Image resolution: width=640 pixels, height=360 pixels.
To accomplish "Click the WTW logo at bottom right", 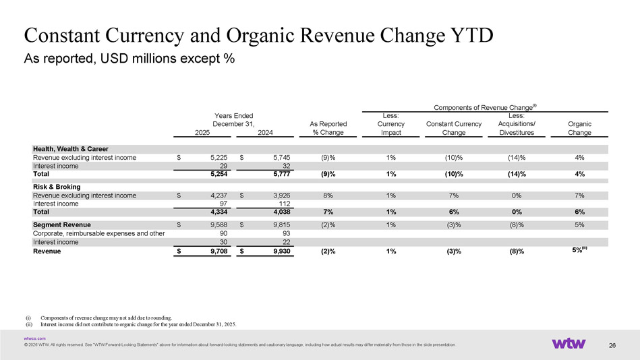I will point(569,343).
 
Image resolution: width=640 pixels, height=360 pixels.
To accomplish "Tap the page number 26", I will point(612,346).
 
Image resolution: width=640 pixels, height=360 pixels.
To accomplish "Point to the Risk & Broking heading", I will point(57,187).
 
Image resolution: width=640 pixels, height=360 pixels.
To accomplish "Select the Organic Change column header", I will point(580,128).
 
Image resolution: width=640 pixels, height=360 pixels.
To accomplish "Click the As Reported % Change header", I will point(328,128).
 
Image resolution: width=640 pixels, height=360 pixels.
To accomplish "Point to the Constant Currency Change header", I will point(454,128).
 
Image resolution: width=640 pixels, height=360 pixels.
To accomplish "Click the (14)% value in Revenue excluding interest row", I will point(517,157).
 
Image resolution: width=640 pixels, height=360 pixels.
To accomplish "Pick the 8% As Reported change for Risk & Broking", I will point(328,196).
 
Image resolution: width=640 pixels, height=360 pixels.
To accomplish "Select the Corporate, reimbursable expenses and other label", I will point(98,233).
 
